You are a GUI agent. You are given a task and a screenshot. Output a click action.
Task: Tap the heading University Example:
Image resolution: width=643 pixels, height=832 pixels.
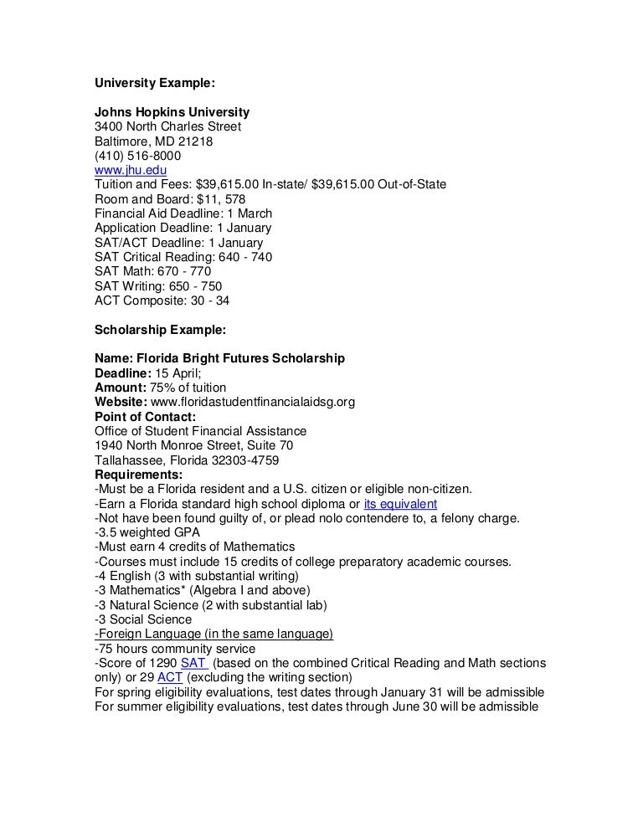(155, 84)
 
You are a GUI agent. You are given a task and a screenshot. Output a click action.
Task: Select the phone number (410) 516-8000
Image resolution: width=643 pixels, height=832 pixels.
(137, 155)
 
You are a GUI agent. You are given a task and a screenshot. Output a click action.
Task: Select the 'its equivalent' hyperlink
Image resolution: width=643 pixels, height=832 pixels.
(400, 504)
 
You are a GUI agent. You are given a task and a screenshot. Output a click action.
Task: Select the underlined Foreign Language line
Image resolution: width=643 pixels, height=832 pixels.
(214, 634)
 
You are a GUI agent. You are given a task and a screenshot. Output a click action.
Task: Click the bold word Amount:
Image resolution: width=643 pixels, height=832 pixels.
(120, 387)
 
